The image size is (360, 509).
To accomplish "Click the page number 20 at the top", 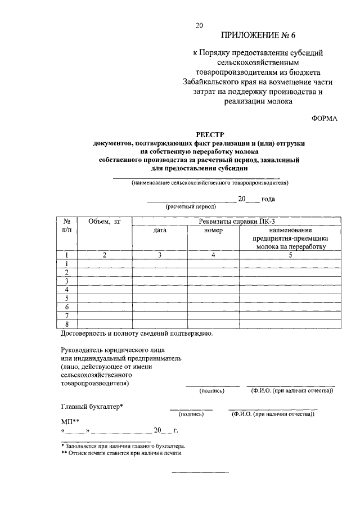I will pyautogui.click(x=199, y=25).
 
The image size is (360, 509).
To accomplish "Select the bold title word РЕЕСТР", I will pyautogui.click(x=209, y=134).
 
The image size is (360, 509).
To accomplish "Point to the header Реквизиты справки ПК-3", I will pyautogui.click(x=236, y=222).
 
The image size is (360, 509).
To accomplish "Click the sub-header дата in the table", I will pyautogui.click(x=159, y=231).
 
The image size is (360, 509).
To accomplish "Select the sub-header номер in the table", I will pyautogui.click(x=213, y=231).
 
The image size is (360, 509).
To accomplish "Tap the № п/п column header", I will pyautogui.click(x=66, y=226).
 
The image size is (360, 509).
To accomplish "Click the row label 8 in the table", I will pyautogui.click(x=66, y=324).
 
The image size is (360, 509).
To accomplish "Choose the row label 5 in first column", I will pyautogui.click(x=66, y=298).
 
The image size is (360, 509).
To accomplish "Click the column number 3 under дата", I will pyautogui.click(x=159, y=255).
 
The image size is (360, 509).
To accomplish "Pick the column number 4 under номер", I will pyautogui.click(x=213, y=255).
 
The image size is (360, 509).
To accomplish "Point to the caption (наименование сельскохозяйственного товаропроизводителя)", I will pyautogui.click(x=210, y=183).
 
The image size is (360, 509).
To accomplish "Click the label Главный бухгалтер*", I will pyautogui.click(x=92, y=407).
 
